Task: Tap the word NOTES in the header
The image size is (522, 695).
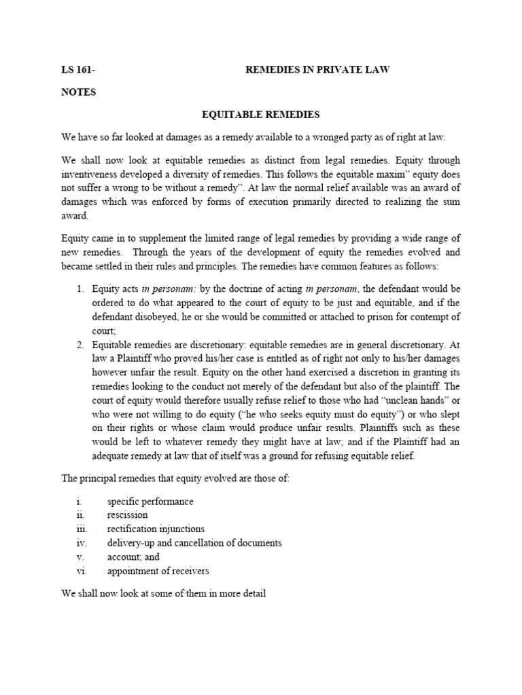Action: pyautogui.click(x=79, y=92)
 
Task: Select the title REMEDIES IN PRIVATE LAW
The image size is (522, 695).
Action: pyautogui.click(x=317, y=71)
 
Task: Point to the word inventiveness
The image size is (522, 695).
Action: pyautogui.click(x=96, y=174)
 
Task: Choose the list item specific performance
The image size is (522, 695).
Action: pyautogui.click(x=150, y=502)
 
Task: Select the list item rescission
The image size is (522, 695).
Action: pyautogui.click(x=128, y=515)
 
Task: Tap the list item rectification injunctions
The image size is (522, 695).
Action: pyautogui.click(x=156, y=529)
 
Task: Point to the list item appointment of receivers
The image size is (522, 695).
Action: pyautogui.click(x=158, y=571)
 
